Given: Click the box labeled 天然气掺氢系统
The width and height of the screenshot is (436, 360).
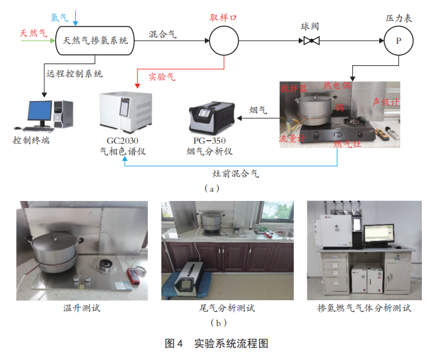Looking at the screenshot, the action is (x=95, y=41).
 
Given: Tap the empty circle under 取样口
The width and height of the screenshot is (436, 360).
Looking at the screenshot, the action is (x=224, y=41).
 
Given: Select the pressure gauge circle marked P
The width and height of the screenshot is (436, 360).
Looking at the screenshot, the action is (x=398, y=41).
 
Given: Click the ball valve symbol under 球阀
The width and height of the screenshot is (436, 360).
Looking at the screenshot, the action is (x=312, y=41).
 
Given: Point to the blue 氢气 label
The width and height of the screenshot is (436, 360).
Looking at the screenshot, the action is (x=59, y=17).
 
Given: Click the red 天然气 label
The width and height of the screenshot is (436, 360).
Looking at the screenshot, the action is (x=33, y=33).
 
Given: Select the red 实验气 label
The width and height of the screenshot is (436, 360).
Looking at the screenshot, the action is (x=162, y=76).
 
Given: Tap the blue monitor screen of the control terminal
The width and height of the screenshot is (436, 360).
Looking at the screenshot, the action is (x=40, y=110).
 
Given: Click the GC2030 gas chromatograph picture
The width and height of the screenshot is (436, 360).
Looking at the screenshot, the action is (x=126, y=112).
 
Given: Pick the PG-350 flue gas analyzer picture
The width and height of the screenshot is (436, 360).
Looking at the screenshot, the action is (x=212, y=118).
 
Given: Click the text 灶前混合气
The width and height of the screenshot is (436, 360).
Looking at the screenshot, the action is (x=235, y=174).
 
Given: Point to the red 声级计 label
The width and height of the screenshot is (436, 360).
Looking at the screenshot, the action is (x=386, y=102).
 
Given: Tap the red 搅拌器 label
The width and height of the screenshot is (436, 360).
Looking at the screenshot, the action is (x=293, y=89).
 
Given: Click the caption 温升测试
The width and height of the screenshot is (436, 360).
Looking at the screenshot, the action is (x=82, y=308).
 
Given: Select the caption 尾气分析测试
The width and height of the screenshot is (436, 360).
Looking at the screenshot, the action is (x=227, y=308).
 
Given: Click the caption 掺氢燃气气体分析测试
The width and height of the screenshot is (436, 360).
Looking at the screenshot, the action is (x=365, y=308).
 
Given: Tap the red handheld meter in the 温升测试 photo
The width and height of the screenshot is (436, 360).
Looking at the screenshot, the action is (x=134, y=276).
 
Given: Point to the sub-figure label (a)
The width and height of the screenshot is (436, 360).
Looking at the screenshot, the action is (x=212, y=189).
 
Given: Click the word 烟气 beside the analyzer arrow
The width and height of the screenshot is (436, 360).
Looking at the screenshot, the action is (x=258, y=110).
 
